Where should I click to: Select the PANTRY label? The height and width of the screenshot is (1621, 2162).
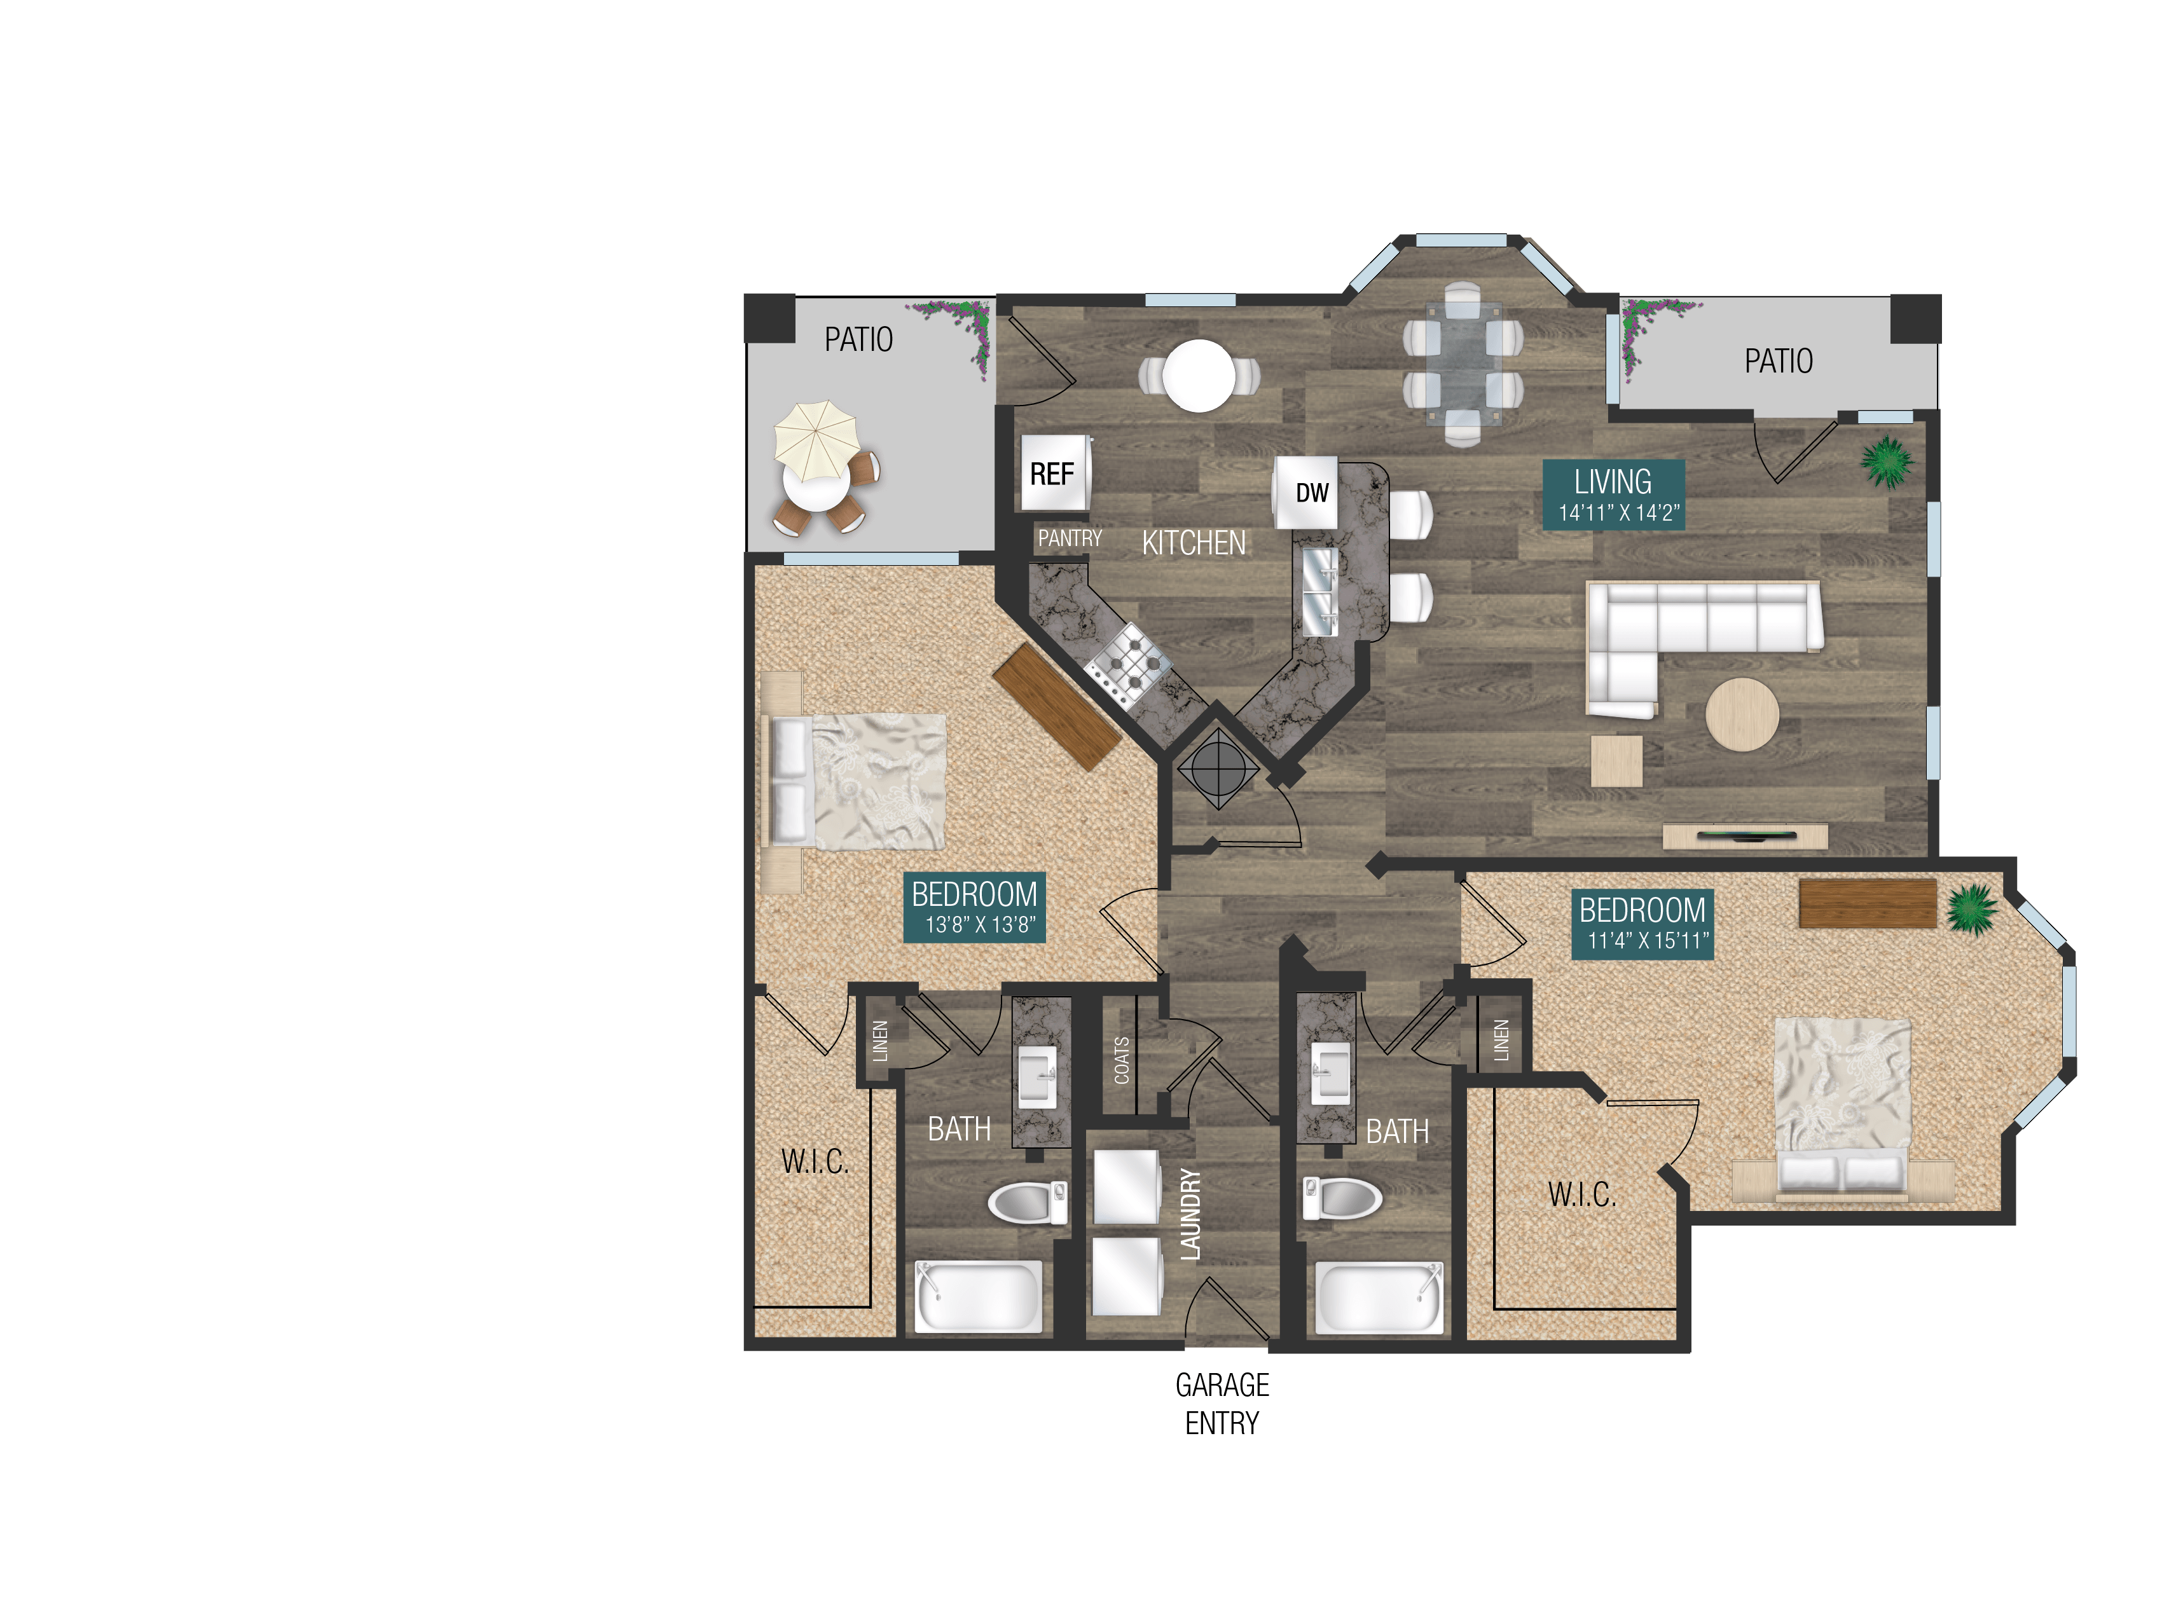[x=1070, y=538]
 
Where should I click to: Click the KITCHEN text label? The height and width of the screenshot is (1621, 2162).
[x=1194, y=544]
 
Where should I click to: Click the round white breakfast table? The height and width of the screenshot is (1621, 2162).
[x=1199, y=375]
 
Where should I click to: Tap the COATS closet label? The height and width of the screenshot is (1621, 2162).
[x=1122, y=1060]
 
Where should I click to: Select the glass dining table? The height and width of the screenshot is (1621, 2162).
[x=1463, y=364]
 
